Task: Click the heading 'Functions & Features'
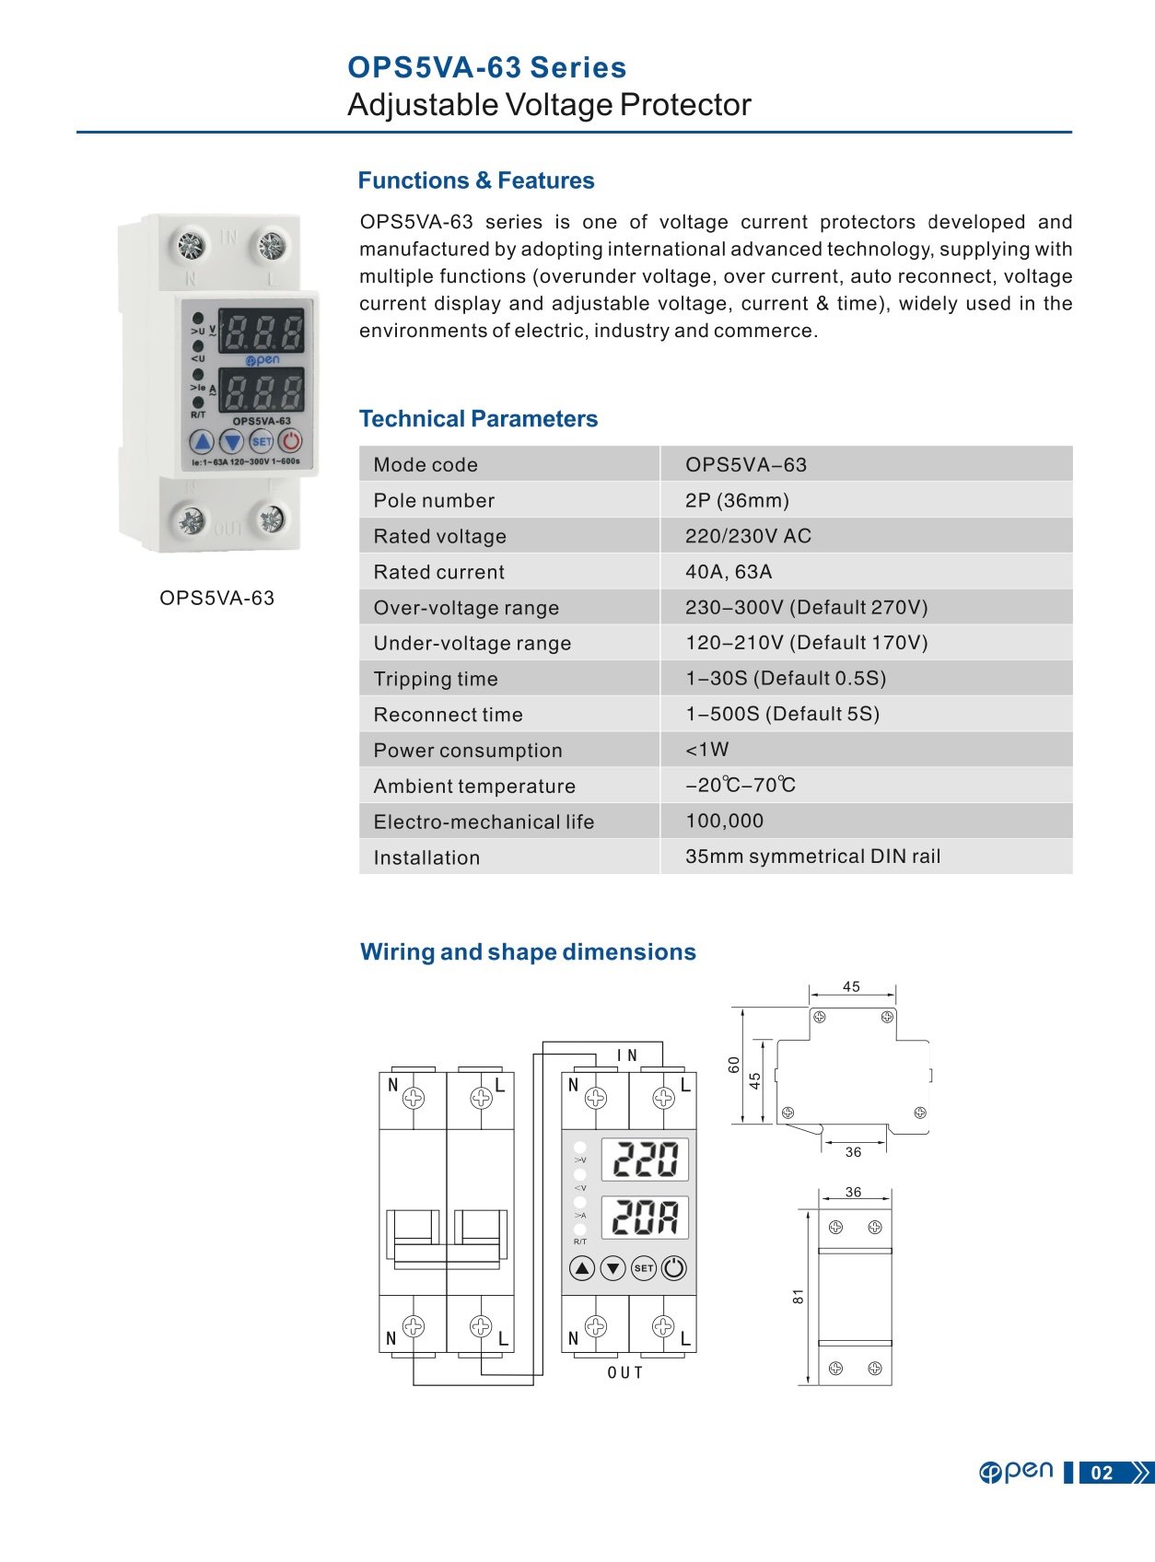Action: (475, 181)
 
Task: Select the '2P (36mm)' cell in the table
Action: (737, 500)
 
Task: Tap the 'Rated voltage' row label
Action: (439, 536)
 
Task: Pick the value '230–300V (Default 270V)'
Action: (806, 607)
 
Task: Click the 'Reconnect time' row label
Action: (448, 715)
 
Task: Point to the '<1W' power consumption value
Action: (706, 750)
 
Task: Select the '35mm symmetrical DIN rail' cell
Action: (812, 857)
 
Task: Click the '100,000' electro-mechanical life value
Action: (724, 821)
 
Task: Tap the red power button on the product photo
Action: (289, 441)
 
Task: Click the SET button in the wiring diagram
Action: (643, 1268)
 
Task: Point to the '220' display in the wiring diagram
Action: (645, 1160)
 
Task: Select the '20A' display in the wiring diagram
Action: (645, 1217)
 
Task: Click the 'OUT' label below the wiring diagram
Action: (625, 1372)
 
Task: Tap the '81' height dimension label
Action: (798, 1296)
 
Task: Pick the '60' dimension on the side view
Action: (733, 1065)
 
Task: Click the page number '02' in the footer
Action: (1102, 1473)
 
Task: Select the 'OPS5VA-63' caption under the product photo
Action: (216, 598)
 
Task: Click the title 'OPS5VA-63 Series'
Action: (486, 67)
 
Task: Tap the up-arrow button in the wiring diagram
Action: (582, 1268)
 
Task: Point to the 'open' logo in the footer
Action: (1016, 1472)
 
